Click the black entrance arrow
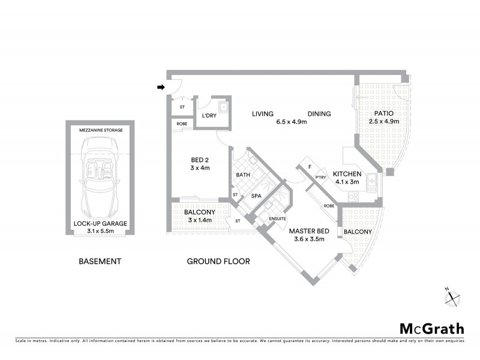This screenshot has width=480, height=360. pos(161,88)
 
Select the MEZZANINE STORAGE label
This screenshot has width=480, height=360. pos(100,130)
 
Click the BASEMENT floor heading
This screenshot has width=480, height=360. pos(100,262)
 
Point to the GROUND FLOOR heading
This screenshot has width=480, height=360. pos(218,262)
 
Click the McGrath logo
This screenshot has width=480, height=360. pos(432,329)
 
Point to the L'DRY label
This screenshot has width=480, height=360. pos(209,116)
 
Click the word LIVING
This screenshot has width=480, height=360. pos(263,114)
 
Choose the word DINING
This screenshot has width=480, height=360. pos(319,114)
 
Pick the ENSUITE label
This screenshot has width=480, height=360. pos(278,218)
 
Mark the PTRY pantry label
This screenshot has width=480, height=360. pos(320,177)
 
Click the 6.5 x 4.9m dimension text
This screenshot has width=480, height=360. pos(292,122)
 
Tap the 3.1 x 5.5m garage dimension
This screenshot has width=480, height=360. pos(100,231)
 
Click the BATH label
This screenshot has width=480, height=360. pos(243,175)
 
